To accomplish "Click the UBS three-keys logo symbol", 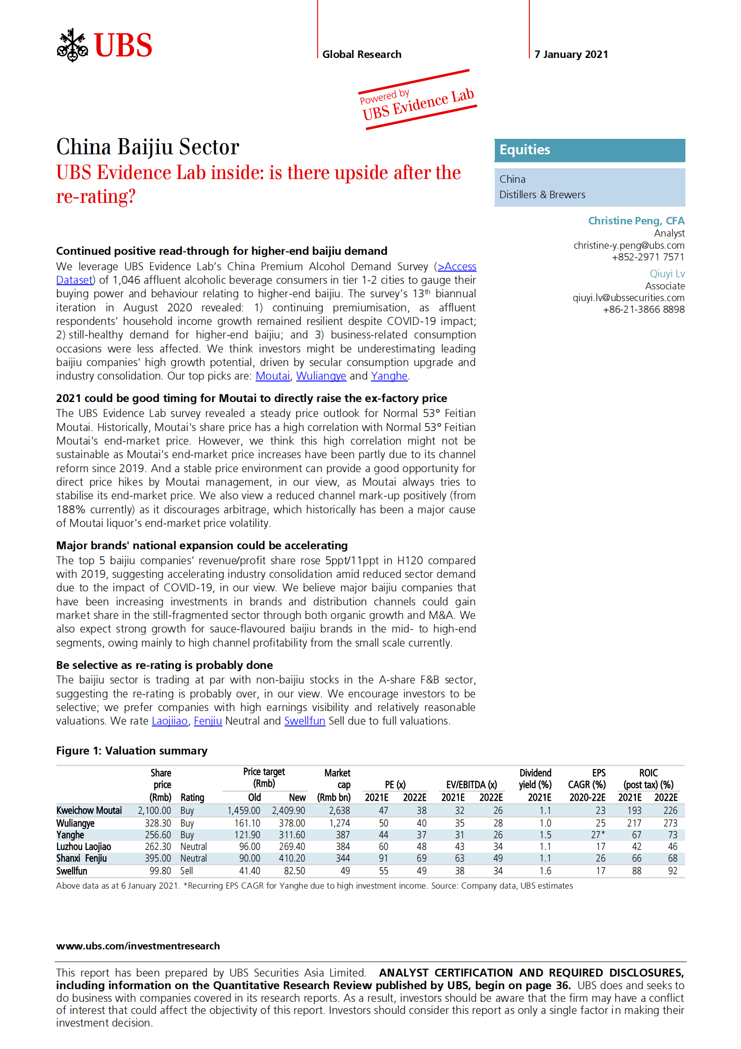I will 72,45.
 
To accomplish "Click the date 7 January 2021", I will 571,54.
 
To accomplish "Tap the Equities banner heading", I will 525,150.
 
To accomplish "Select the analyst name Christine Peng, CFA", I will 636,221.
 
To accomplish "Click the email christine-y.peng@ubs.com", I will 628,245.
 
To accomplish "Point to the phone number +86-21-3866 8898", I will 643,309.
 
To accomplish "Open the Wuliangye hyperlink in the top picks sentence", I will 321,376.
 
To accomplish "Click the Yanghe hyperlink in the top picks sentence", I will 389,376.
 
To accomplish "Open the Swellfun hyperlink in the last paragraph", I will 305,721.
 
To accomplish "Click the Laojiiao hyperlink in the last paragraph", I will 170,721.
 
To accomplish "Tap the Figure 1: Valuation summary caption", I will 132,751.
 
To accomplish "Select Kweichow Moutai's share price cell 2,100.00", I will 154,811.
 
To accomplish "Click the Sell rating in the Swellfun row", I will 186,871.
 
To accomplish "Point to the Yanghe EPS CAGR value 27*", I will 598,835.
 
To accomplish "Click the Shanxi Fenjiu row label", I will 82,858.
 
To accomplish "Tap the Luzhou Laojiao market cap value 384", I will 342,847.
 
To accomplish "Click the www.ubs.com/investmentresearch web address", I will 138,946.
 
